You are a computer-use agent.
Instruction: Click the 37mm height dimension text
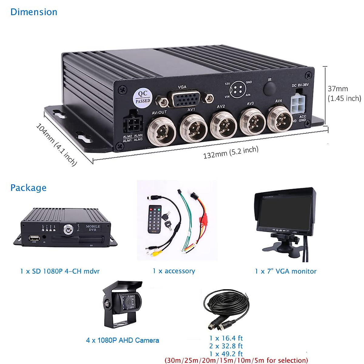click(338, 89)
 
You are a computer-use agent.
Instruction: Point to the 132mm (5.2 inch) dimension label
click(231, 152)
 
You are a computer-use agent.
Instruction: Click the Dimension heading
click(34, 12)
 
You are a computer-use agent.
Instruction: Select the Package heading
click(28, 188)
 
